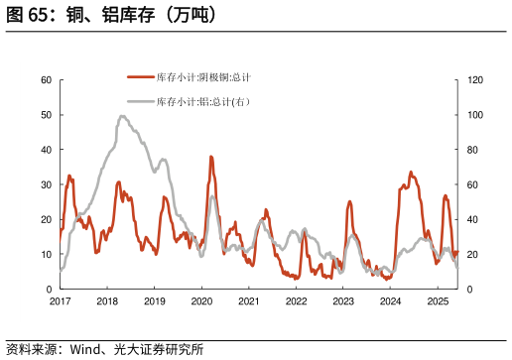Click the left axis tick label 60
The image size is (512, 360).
[x=46, y=80]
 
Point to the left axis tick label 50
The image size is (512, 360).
[x=46, y=115]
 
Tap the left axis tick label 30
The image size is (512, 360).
[x=46, y=184]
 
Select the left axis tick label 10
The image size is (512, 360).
[x=46, y=254]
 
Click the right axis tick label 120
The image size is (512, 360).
[x=475, y=80]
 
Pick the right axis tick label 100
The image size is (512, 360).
[x=475, y=115]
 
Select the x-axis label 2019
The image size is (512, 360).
[x=154, y=300]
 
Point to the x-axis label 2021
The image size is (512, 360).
[x=248, y=300]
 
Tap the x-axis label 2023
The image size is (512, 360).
[x=342, y=300]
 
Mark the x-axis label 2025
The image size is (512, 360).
[x=437, y=300]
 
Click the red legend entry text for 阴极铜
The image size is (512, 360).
[x=203, y=76]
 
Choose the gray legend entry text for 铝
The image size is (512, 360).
[x=202, y=101]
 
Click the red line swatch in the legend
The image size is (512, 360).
[x=141, y=76]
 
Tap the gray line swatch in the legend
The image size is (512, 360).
[x=141, y=101]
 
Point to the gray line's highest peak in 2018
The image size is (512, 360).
[x=122, y=116]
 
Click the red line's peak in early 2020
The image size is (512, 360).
[x=211, y=157]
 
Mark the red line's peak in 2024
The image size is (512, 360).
[x=411, y=173]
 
